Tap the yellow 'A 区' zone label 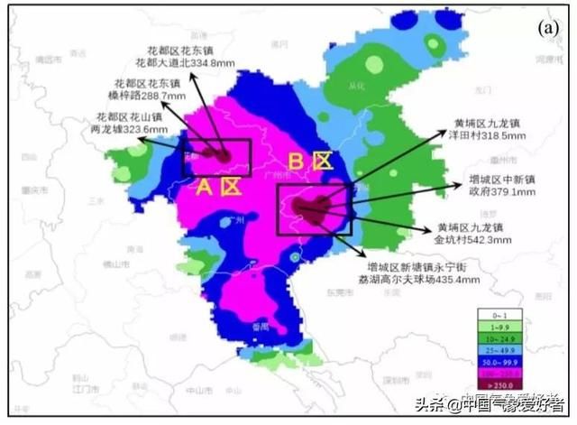point(218,188)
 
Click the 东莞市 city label point(339,291)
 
